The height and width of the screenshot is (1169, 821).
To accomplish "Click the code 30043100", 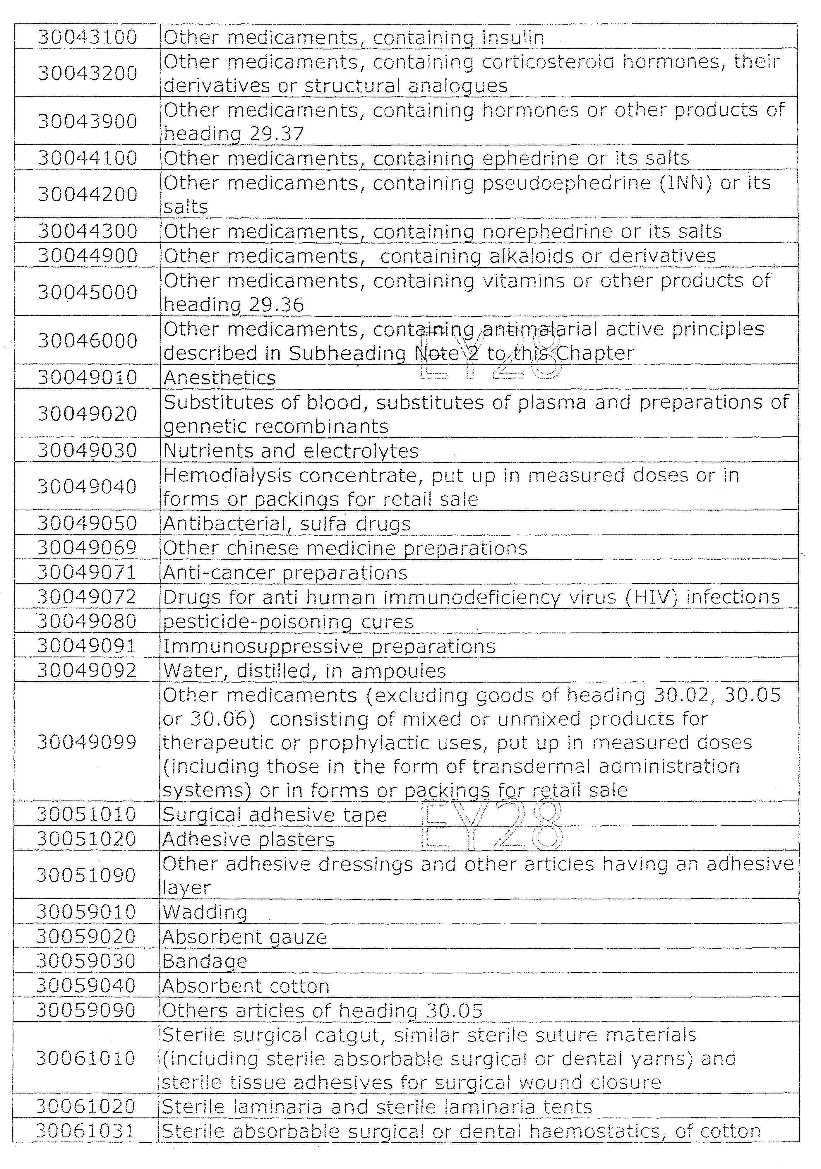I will tap(87, 37).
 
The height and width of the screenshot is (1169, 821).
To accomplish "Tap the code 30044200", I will tap(87, 194).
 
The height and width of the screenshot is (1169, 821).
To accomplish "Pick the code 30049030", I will tap(87, 450).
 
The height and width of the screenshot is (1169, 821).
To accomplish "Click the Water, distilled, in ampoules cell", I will tap(304, 671).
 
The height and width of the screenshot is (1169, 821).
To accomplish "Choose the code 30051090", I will tap(86, 875).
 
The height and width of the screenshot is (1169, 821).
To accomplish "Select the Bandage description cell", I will tap(205, 961).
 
